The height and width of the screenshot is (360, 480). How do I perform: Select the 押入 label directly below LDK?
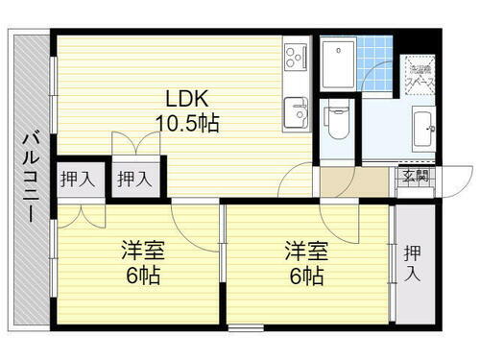[132, 178]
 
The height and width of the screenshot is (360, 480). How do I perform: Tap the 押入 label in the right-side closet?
[412, 264]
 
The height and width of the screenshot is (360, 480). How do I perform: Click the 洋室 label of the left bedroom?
[142, 252]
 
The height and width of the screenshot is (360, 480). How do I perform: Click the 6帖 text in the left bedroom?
[142, 276]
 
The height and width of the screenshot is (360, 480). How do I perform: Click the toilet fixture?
[336, 122]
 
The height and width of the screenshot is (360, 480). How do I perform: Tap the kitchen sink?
[295, 113]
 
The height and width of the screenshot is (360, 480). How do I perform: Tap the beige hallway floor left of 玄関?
[357, 180]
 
